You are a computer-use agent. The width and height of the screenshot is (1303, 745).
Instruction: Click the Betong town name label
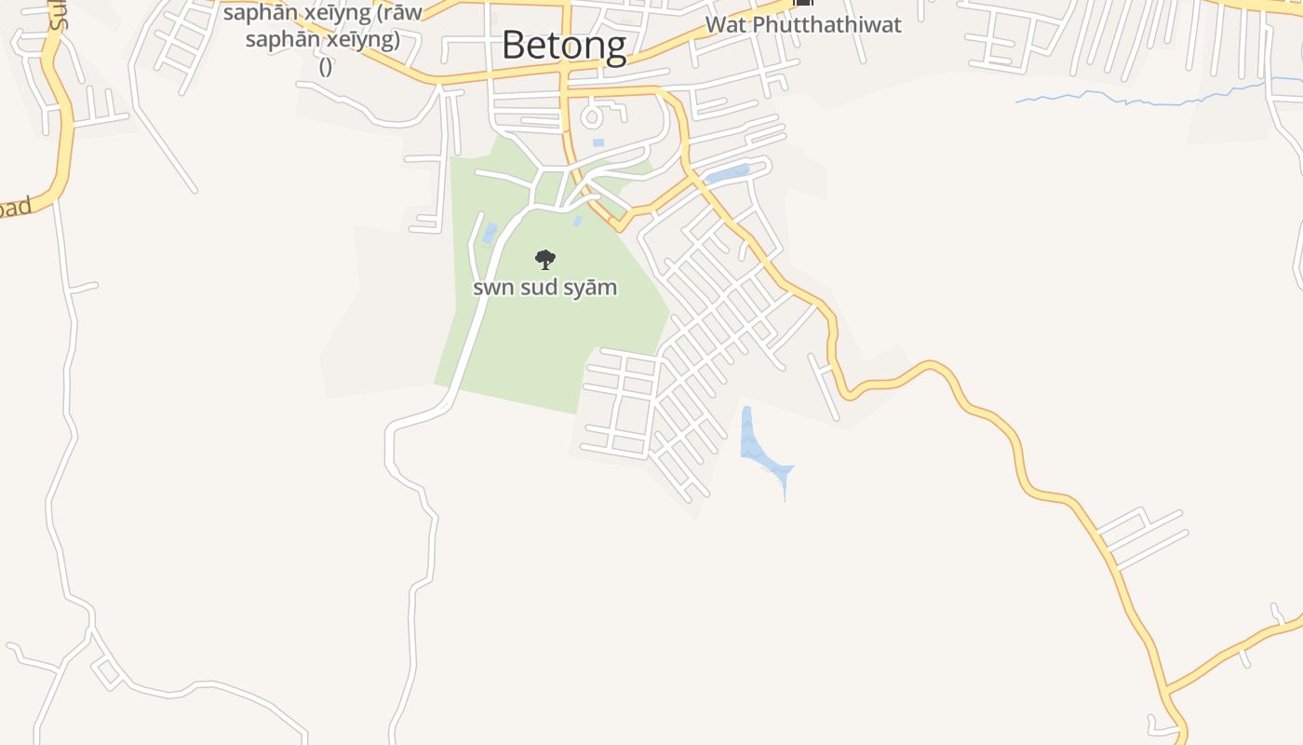[564, 45]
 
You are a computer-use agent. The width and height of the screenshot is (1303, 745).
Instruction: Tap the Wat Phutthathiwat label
[803, 24]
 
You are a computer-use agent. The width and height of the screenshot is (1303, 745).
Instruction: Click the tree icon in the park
[545, 260]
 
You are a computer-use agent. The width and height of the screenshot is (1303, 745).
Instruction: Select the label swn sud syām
[544, 287]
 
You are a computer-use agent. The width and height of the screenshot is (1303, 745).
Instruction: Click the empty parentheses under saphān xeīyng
[326, 67]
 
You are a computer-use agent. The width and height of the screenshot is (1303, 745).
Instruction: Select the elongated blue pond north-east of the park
[728, 173]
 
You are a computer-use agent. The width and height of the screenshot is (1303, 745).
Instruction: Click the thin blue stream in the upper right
[1145, 97]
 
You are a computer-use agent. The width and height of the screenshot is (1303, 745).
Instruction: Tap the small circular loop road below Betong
[593, 116]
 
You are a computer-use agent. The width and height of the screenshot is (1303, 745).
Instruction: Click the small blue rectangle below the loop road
[598, 142]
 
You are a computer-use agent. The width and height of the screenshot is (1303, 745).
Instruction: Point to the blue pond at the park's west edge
[490, 233]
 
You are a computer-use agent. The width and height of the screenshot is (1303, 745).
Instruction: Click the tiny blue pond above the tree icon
[577, 222]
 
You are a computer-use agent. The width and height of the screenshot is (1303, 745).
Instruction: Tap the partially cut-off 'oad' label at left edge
[15, 207]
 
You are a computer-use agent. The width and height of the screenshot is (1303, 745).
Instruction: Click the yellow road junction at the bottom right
[1165, 690]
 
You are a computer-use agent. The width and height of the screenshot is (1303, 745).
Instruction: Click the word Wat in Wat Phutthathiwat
[726, 24]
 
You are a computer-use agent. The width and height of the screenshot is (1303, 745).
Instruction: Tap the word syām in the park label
[594, 287]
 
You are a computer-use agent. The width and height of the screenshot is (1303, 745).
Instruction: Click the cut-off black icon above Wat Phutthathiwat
[803, 4]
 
